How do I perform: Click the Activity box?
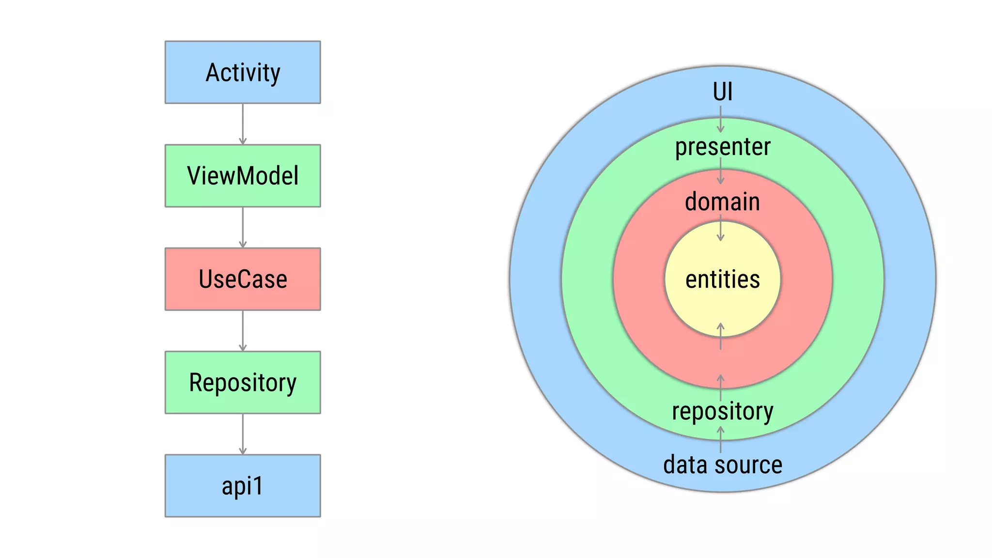pos(243,72)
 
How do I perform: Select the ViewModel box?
pos(243,176)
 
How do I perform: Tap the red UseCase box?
pos(243,279)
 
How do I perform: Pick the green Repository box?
pos(243,382)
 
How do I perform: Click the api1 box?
pos(243,485)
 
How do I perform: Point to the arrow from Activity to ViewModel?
pos(243,124)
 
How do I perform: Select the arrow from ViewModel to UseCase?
pos(243,227)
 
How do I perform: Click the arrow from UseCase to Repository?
pos(243,330)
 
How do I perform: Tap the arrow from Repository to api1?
pos(243,434)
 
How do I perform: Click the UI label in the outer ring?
pos(722,92)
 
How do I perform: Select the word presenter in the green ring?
pos(722,147)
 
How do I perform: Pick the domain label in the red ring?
pos(722,201)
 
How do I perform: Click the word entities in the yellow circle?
pos(722,279)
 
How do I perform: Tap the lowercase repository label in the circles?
pos(722,411)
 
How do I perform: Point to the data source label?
pos(722,465)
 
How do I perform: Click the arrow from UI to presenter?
pos(720,119)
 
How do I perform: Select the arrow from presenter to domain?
pos(720,171)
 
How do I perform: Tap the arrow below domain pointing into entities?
pos(720,228)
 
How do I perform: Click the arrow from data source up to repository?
pos(720,439)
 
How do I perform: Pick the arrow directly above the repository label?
pos(720,387)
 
